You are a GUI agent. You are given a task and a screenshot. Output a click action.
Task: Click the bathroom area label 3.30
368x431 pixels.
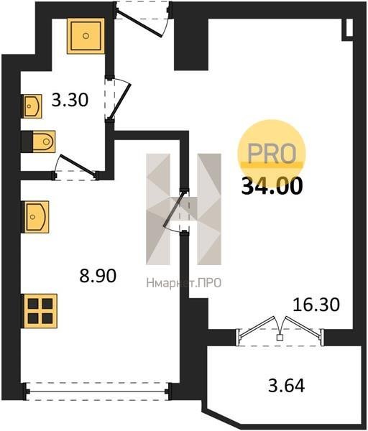point(70,100)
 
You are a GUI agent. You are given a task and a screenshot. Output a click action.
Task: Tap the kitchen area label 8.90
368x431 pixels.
point(98,276)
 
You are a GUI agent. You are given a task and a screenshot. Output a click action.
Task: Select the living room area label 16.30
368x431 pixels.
point(316,305)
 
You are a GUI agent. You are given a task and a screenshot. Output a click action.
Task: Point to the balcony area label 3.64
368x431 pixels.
point(286,386)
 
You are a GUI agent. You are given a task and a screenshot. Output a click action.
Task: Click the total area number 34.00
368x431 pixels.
point(272,186)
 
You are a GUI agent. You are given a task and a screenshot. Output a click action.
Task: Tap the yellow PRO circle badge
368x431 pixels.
point(272,153)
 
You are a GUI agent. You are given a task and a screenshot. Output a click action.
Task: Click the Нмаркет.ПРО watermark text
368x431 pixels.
point(184,283)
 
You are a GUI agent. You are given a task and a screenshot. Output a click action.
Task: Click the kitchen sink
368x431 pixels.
point(37,217)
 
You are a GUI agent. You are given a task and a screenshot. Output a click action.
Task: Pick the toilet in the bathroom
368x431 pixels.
point(41,142)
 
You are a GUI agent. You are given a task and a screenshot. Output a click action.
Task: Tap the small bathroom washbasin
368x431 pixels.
point(32,106)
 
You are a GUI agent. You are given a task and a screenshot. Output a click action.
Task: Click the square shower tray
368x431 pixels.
point(86,36)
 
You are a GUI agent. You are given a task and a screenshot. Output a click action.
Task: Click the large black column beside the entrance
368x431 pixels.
point(191,44)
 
